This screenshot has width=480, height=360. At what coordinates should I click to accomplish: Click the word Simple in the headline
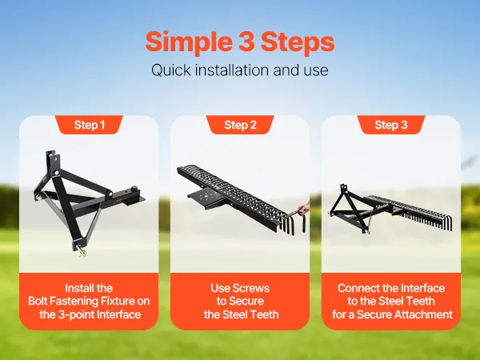[189, 42]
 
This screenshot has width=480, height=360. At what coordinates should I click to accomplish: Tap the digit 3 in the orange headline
[246, 42]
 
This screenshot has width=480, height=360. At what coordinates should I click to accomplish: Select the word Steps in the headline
[298, 42]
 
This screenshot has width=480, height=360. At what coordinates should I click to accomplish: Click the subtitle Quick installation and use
[240, 70]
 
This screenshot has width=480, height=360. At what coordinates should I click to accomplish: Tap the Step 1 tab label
[89, 125]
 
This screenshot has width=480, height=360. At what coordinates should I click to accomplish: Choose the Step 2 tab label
[240, 125]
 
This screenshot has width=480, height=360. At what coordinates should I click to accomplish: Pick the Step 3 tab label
[391, 125]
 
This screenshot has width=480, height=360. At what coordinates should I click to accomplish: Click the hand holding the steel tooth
[304, 208]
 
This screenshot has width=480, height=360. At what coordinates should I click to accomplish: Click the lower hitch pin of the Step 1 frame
[82, 251]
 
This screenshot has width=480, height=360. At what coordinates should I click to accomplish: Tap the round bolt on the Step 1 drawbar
[134, 189]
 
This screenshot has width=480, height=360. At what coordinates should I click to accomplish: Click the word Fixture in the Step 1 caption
[116, 302]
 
